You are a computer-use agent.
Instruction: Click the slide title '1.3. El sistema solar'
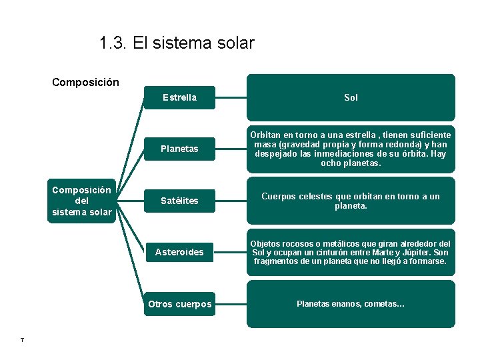point(177,43)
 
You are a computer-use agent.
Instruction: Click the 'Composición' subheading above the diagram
point(85,83)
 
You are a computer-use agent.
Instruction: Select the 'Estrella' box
point(179,97)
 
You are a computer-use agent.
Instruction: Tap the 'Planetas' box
point(179,149)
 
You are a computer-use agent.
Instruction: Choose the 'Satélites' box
point(179,201)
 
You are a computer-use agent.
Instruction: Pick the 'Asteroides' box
point(179,252)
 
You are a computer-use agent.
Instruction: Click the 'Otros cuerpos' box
point(179,304)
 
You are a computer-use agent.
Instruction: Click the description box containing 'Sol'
point(351,97)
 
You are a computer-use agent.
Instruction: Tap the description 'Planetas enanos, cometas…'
point(351,304)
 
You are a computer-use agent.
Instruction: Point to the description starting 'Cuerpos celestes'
point(351,201)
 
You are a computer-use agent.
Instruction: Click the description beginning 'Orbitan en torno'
point(351,149)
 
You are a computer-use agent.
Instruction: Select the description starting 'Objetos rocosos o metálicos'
point(351,252)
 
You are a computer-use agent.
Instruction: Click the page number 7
point(23,341)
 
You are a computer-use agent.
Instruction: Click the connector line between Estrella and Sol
point(231,97)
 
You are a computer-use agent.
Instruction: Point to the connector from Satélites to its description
point(231,200)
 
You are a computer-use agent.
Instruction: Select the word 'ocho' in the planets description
point(331,163)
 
